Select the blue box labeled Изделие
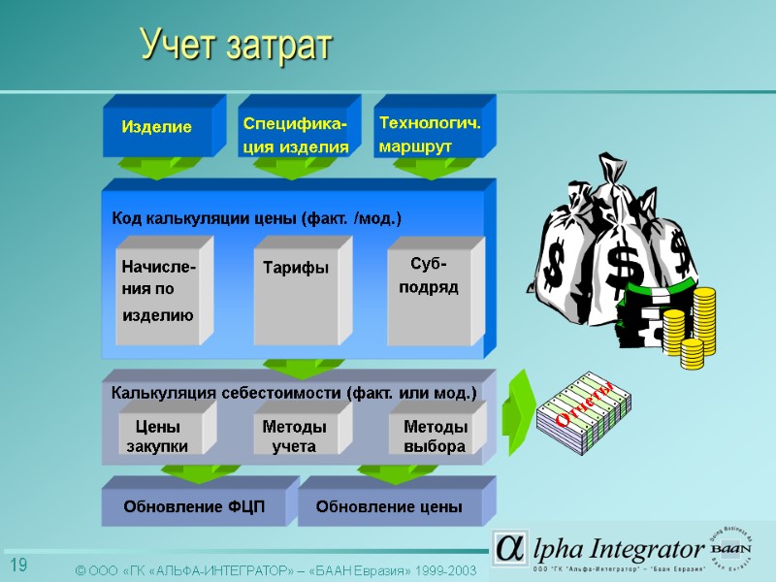click(157, 128)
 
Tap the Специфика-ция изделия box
click(295, 135)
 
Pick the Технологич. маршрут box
click(429, 135)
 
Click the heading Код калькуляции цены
click(256, 219)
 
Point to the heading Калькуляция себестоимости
click(294, 393)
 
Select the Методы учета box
click(294, 436)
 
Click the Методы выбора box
click(435, 436)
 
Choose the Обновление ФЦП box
click(193, 506)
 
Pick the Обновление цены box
click(389, 506)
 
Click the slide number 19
click(18, 566)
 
